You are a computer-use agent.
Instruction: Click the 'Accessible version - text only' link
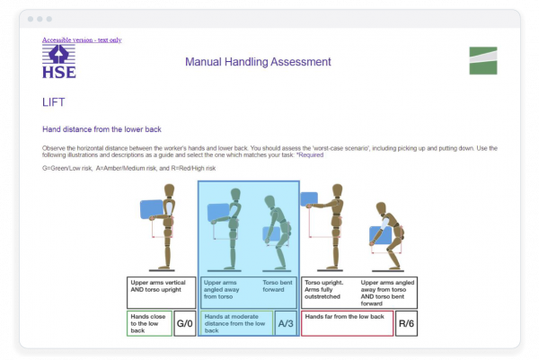pyautogui.click(x=82, y=40)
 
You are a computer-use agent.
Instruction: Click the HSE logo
pyautogui.click(x=59, y=62)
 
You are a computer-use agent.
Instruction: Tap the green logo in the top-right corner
pyautogui.click(x=482, y=60)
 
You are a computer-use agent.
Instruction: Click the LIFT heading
pyautogui.click(x=53, y=103)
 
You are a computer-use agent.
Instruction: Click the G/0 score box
pyautogui.click(x=184, y=324)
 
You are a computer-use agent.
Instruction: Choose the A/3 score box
pyautogui.click(x=286, y=324)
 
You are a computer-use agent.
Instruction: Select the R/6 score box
pyautogui.click(x=406, y=324)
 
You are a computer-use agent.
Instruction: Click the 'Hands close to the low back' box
pyautogui.click(x=148, y=324)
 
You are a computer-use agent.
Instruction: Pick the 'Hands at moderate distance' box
pyautogui.click(x=236, y=324)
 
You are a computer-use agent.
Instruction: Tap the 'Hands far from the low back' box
pyautogui.click(x=347, y=324)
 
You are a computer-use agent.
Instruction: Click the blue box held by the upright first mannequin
pyautogui.click(x=152, y=209)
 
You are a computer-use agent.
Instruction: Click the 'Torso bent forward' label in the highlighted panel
pyautogui.click(x=278, y=287)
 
